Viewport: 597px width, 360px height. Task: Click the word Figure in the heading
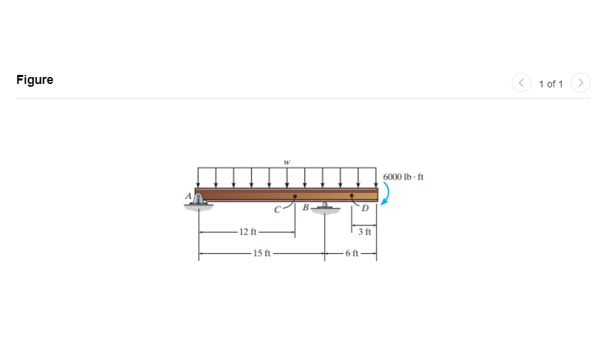coord(35,80)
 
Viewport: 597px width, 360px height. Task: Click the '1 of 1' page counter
coord(551,84)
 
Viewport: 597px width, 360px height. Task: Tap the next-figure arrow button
coord(581,83)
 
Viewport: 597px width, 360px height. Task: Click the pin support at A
coord(200,202)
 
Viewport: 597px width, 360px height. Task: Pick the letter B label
coord(305,207)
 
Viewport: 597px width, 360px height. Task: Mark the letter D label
coord(365,208)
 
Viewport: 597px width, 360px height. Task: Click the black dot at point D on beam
coord(352,196)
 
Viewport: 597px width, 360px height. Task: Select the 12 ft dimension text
coord(248,231)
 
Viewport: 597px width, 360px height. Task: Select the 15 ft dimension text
coord(262,253)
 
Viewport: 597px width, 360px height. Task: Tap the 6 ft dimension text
coord(351,253)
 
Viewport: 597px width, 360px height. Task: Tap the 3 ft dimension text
coord(365,231)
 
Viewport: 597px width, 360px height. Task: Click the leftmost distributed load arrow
coord(199,178)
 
